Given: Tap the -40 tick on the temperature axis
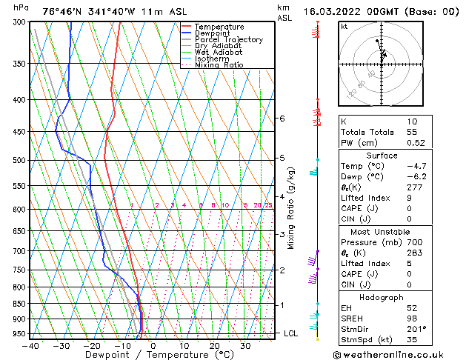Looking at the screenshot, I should pos(30,346).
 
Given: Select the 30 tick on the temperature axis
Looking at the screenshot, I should pos(244,346).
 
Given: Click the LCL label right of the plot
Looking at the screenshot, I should pos(291,333).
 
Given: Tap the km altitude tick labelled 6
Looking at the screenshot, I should pos(282,119).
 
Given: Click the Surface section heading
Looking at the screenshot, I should pos(382,156).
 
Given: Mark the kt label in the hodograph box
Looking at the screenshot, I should pos(344,26).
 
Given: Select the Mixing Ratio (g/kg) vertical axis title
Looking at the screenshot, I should pos(291,208).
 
